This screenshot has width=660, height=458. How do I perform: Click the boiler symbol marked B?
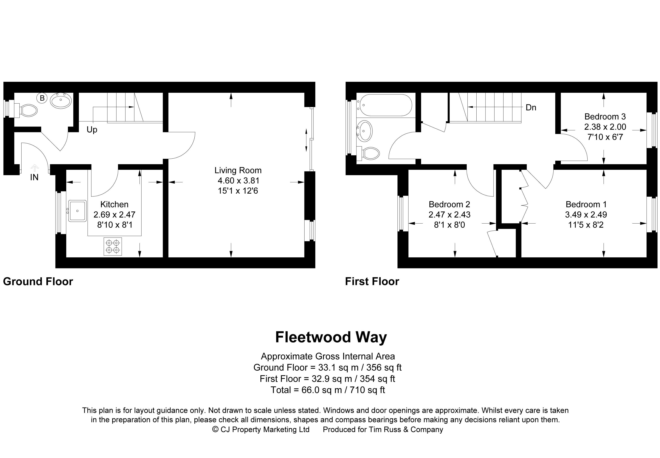42,98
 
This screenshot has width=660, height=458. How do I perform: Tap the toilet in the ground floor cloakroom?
28,110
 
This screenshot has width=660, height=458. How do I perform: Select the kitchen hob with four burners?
112,246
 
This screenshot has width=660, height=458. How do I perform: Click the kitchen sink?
77,211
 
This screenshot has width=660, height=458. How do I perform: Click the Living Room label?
238,170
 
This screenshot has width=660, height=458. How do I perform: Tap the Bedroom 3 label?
605,117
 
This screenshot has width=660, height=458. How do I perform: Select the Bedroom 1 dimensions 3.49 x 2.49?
586,215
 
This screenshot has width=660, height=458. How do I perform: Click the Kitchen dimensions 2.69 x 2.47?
114,215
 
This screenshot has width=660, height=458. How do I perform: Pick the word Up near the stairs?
92,130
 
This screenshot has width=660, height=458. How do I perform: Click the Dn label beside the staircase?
531,108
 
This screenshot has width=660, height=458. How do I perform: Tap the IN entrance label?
34,177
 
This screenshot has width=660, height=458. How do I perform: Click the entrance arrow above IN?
34,168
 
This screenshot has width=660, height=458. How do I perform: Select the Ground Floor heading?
38,282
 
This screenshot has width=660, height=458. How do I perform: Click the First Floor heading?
372,282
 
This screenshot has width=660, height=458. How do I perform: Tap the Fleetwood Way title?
331,337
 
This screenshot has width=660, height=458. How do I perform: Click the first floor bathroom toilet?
370,153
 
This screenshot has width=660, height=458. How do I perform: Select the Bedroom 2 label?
449,204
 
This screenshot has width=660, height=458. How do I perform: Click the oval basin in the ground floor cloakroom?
61,100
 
